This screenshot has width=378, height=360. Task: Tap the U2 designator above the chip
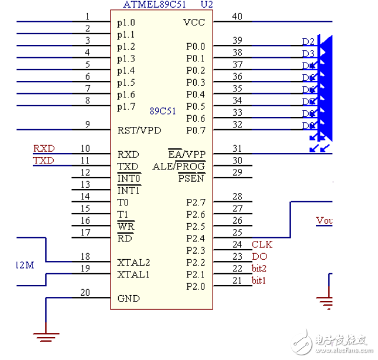(206, 5)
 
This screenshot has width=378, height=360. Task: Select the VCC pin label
(194, 22)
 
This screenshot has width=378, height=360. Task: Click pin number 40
(237, 17)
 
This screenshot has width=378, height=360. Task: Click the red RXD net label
(43, 149)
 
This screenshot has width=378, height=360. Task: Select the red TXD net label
(43, 161)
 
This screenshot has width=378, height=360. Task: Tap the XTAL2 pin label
(133, 262)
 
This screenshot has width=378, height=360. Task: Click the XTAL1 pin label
(133, 274)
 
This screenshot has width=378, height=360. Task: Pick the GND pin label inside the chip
(128, 298)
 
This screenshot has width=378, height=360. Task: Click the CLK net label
(262, 244)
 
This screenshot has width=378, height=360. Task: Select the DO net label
(259, 256)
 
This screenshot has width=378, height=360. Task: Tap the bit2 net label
(260, 269)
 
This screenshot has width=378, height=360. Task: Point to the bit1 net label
(259, 280)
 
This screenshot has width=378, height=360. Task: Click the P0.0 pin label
(195, 47)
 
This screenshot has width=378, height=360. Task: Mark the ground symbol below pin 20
(45, 337)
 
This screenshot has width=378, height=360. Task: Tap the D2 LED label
(308, 42)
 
